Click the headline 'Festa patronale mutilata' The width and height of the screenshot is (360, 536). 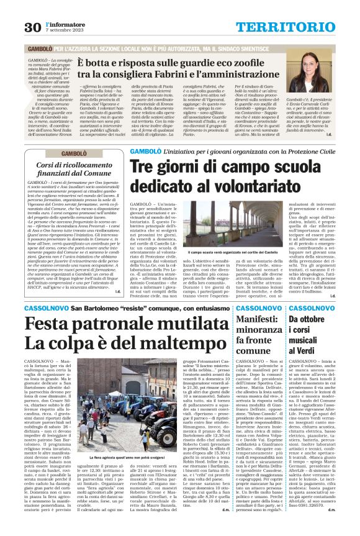click(x=106, y=325)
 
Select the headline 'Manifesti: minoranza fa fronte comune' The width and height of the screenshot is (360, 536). click(x=258, y=334)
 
